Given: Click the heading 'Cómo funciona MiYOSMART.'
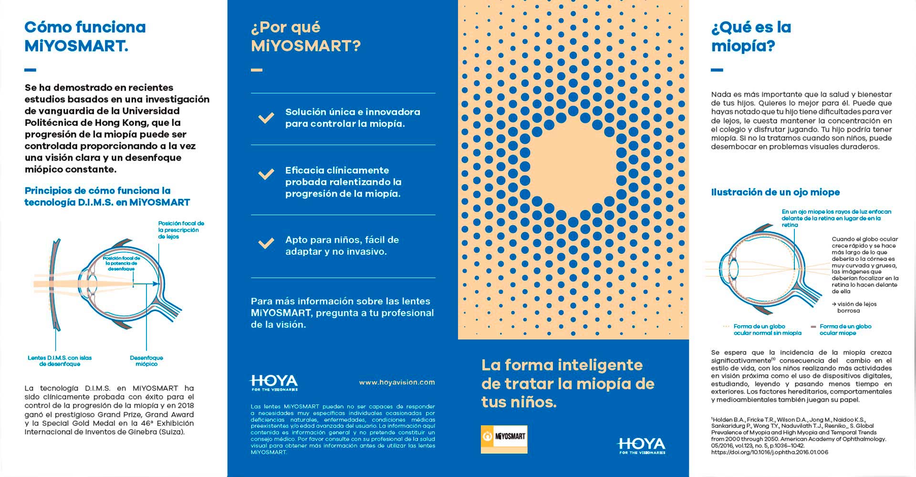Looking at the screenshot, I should [85, 36].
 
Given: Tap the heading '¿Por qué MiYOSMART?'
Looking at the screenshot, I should [305, 36].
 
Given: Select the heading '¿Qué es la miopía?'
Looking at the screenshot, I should [751, 36].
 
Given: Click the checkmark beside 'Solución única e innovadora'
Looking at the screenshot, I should [266, 118].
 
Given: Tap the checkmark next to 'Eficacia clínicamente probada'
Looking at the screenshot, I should [266, 174].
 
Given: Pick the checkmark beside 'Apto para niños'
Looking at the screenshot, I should [266, 244].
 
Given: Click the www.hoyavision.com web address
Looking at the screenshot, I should [397, 382].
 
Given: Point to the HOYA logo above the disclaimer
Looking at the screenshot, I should [274, 383].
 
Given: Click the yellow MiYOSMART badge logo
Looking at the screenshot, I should [504, 438].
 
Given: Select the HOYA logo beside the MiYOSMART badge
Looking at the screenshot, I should [641, 446].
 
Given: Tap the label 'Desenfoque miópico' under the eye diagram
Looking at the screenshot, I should [146, 361].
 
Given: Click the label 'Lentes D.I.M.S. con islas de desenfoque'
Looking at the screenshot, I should [60, 361].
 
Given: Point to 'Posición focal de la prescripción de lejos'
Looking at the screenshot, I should [181, 230].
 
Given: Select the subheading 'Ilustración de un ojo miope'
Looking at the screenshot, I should [775, 192].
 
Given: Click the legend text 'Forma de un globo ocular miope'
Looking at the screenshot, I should [845, 330].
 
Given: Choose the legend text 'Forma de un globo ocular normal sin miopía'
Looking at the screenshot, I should [767, 330].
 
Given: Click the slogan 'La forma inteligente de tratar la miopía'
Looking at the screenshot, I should [568, 384].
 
